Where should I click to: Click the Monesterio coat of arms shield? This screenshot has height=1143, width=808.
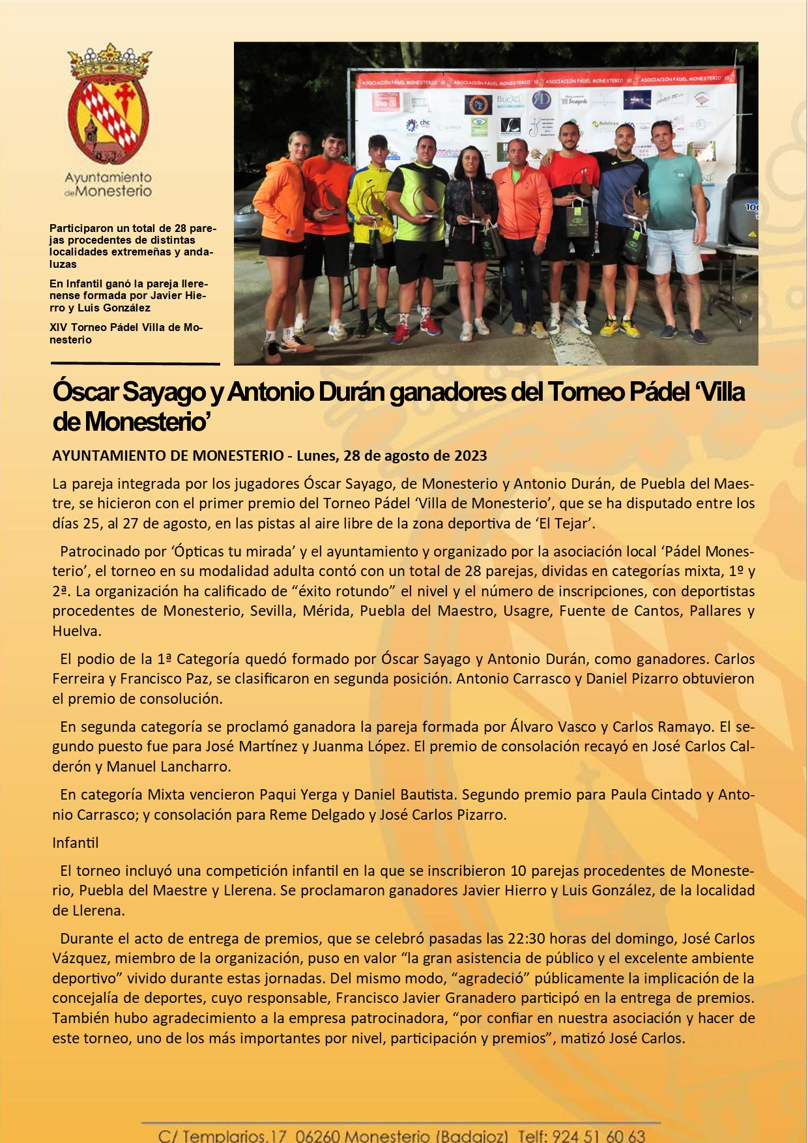tap(108, 121)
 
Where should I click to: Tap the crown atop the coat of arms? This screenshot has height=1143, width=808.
tap(109, 61)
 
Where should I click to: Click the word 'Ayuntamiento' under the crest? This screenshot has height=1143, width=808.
tap(108, 177)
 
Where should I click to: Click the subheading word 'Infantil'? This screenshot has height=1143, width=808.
tap(76, 843)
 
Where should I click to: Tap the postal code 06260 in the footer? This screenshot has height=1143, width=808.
tap(317, 1136)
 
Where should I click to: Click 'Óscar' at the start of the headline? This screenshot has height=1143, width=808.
tap(85, 392)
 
